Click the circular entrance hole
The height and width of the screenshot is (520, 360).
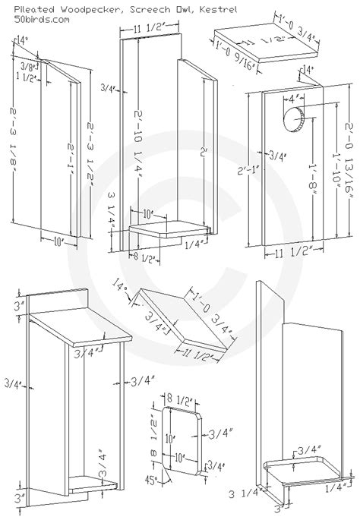(292, 117)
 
